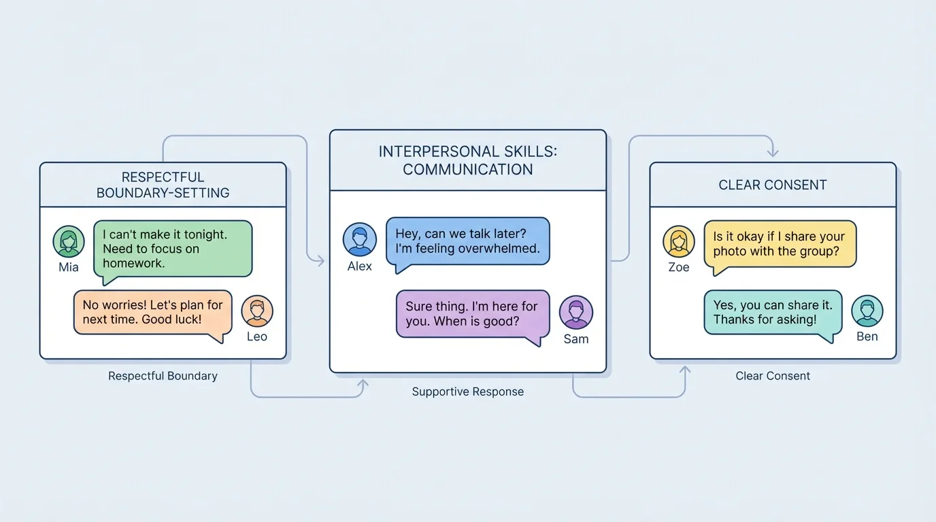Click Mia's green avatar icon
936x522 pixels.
pyautogui.click(x=69, y=242)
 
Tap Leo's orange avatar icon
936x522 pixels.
pyautogui.click(x=257, y=311)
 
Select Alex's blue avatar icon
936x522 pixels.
pyautogui.click(x=360, y=240)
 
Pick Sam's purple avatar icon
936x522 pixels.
pyautogui.click(x=576, y=313)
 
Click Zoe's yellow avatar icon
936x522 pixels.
pyautogui.click(x=679, y=242)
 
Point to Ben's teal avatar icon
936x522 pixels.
pyautogui.click(x=867, y=311)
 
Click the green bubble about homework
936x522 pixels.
pyautogui.click(x=172, y=249)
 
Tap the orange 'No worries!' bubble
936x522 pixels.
pyautogui.click(x=152, y=313)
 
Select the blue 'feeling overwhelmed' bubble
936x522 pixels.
pyautogui.click(x=467, y=241)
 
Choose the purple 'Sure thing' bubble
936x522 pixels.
pyautogui.click(x=472, y=314)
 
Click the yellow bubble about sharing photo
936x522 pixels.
pyautogui.click(x=780, y=244)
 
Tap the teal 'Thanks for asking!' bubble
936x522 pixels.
pyautogui.click(x=773, y=313)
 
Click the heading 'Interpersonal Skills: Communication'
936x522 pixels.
pyautogui.click(x=468, y=160)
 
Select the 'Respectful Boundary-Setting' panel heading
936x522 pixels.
pyautogui.click(x=163, y=185)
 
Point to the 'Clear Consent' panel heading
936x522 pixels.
pyautogui.click(x=773, y=185)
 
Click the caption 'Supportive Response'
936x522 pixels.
pyautogui.click(x=468, y=391)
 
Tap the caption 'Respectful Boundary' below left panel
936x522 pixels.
pyautogui.click(x=163, y=376)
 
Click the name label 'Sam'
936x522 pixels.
pyautogui.click(x=576, y=339)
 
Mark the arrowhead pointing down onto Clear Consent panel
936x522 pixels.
pyautogui.click(x=772, y=153)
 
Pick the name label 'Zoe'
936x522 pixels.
pyautogui.click(x=679, y=267)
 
